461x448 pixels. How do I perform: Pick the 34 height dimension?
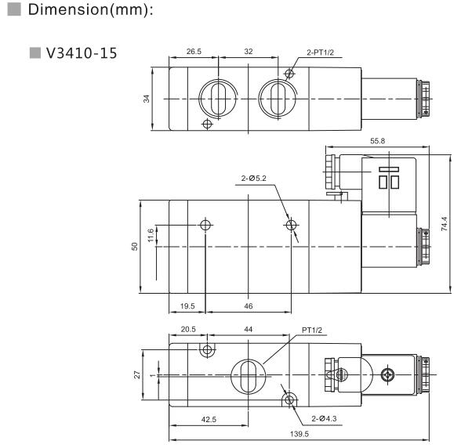[x=146, y=99]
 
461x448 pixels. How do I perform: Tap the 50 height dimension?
[x=134, y=247]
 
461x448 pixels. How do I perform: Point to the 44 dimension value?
[x=249, y=330]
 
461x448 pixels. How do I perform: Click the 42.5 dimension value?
[x=209, y=420]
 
